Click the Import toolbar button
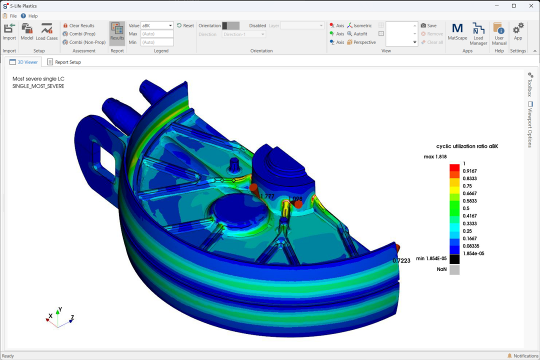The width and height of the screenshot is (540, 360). point(9,31)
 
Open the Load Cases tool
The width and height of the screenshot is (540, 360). point(47,31)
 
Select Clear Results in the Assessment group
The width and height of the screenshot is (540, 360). point(78,25)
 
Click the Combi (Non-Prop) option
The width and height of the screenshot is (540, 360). point(84,42)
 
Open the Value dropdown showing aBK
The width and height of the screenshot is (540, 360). point(157,25)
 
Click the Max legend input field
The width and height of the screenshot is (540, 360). point(157,34)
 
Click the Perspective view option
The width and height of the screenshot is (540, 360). point(361,42)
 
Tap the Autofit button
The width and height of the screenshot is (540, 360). point(357,34)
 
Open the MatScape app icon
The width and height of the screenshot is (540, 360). point(457,31)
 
